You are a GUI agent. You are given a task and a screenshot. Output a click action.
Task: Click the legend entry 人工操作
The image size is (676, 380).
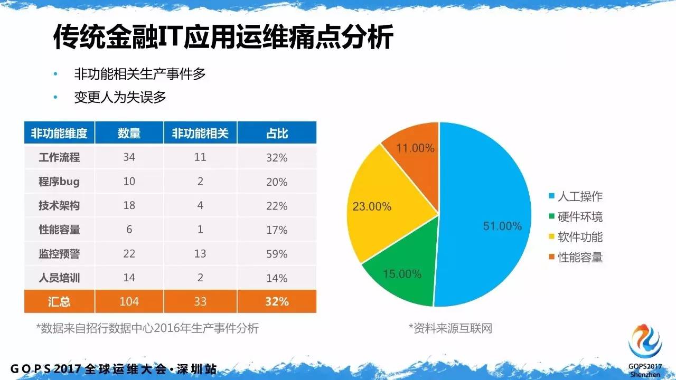click(x=580, y=197)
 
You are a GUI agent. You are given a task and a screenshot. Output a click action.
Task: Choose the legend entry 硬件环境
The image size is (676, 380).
click(x=580, y=217)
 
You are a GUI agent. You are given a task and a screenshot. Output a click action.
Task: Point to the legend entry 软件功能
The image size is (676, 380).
click(x=580, y=237)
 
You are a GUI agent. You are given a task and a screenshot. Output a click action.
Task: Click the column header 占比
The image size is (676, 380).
click(x=277, y=133)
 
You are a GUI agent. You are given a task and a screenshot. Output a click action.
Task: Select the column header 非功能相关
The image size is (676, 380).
click(x=200, y=133)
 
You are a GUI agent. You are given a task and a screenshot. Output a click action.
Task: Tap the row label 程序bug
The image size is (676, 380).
click(x=59, y=182)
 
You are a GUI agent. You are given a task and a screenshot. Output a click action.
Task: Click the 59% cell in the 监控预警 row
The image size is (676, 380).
click(x=277, y=254)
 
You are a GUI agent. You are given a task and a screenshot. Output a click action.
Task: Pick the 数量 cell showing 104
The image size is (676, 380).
click(x=129, y=301)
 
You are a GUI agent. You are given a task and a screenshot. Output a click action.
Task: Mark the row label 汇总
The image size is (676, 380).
click(x=59, y=301)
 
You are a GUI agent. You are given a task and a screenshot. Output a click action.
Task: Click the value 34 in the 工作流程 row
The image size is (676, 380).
click(x=129, y=157)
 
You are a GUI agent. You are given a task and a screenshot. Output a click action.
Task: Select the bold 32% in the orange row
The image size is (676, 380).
click(x=277, y=301)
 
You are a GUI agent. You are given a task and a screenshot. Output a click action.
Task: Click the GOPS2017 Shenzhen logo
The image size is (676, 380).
click(x=645, y=344)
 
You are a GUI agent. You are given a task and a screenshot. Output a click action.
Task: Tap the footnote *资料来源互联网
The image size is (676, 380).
click(x=450, y=328)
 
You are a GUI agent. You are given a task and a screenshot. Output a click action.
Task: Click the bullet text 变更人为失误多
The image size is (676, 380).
click(x=120, y=98)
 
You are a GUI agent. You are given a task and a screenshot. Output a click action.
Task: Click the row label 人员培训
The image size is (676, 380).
click(x=59, y=278)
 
